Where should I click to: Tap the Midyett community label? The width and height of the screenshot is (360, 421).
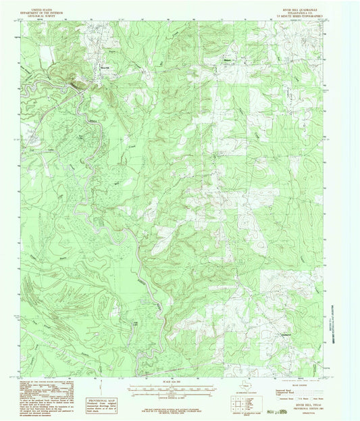226,66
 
